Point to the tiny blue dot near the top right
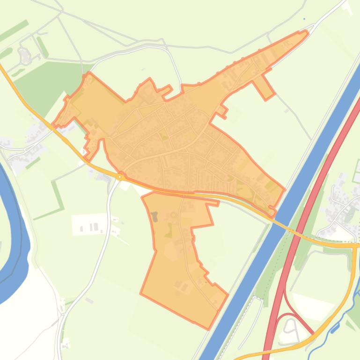tap(304, 19)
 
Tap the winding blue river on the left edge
tap(14, 234)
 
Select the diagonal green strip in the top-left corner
tap(14, 30)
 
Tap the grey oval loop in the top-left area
tap(23, 56)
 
